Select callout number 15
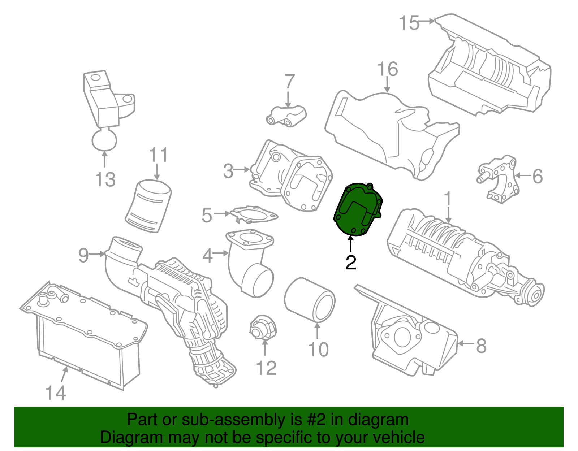409,23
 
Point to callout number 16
387,69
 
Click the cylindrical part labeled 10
310,299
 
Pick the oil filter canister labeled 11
148,206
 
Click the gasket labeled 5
254,214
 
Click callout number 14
56,393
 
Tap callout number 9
83,255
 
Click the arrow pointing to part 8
466,343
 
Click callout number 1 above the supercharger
448,199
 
